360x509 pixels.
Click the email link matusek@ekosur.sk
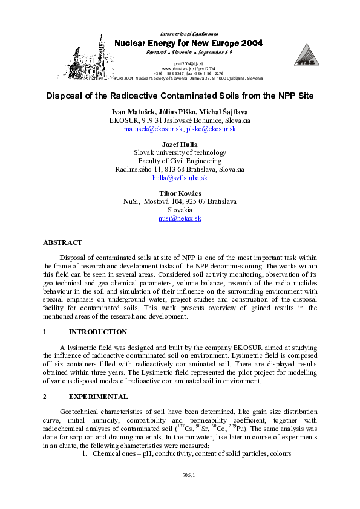(154, 129)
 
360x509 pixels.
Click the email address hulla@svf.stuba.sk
(180, 178)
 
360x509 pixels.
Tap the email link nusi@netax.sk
(180, 218)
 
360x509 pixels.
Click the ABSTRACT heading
(62, 242)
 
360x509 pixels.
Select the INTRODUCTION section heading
(97, 332)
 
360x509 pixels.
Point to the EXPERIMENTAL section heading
(98, 397)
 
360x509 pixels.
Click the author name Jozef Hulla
(180, 144)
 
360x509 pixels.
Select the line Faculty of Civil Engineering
(180, 161)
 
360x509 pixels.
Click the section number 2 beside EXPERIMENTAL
(45, 397)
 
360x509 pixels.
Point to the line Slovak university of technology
(180, 152)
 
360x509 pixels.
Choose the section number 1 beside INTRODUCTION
(45, 332)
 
